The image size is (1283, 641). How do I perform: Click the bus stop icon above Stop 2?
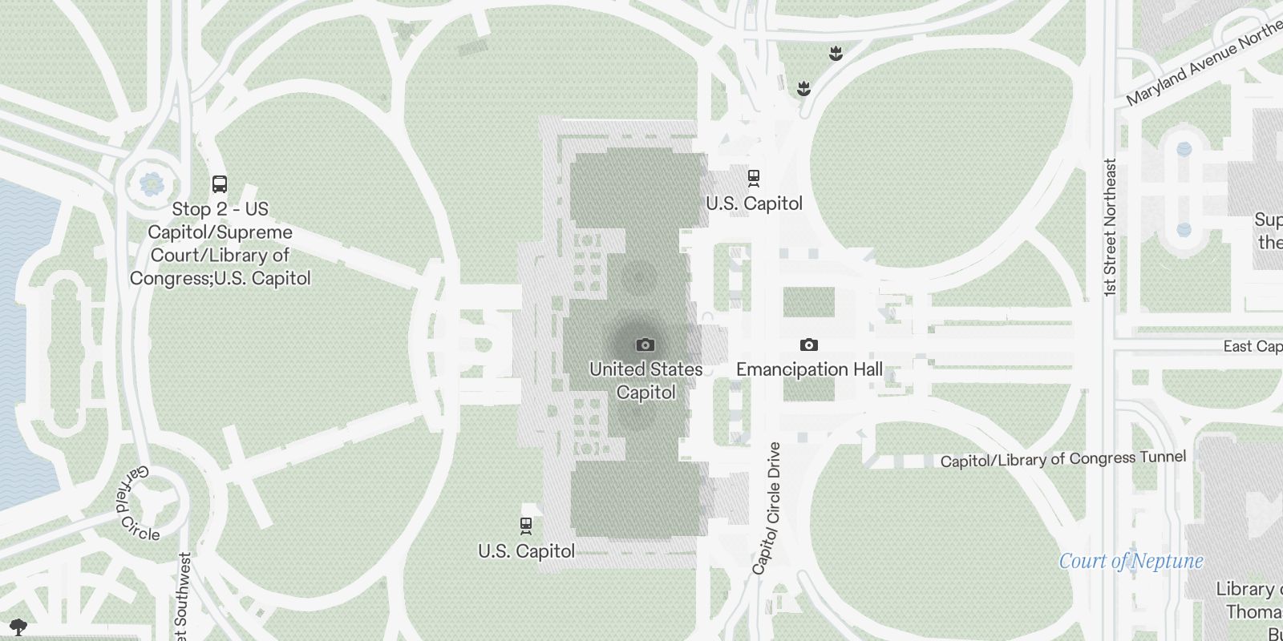point(220,184)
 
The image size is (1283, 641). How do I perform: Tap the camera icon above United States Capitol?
point(645,345)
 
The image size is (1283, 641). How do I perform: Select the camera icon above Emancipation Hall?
point(808,345)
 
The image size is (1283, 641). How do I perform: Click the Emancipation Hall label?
point(809,369)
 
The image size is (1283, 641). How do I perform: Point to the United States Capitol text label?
point(646,381)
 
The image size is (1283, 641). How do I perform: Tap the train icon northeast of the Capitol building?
point(754,177)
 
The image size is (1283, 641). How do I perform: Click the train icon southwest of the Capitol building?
point(526,526)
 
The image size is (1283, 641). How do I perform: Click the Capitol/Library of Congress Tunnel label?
point(1062,459)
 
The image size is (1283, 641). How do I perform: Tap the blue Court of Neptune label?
point(1131,561)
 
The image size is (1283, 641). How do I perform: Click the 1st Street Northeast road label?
point(1110,228)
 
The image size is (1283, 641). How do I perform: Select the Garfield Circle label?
point(136,503)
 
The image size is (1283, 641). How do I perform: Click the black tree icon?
point(18,626)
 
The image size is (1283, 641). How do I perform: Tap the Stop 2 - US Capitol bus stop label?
point(221,244)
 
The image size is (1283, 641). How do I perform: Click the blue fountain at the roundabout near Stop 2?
point(151,184)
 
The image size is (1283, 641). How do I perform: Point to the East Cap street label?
point(1252,346)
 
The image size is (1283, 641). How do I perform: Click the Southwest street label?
point(184,597)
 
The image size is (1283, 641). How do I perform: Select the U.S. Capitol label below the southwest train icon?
point(526,551)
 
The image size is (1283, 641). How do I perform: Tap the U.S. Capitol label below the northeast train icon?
point(754,204)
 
